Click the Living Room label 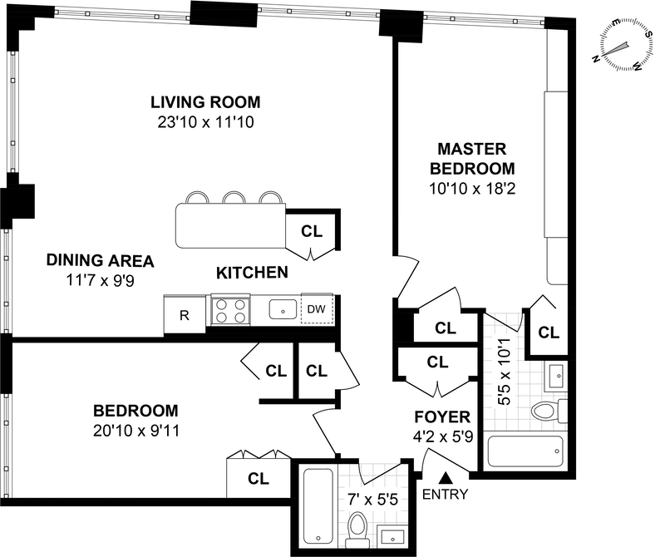pyautogui.click(x=205, y=102)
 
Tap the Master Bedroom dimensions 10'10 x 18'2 pyautogui.click(x=472, y=189)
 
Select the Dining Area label pyautogui.click(x=100, y=260)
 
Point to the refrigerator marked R pyautogui.click(x=185, y=314)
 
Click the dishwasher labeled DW pyautogui.click(x=317, y=308)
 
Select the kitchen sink pyautogui.click(x=283, y=308)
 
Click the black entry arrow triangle pyautogui.click(x=446, y=478)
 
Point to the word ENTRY pyautogui.click(x=446, y=494)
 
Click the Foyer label pyautogui.click(x=442, y=417)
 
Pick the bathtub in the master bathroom pyautogui.click(x=526, y=451)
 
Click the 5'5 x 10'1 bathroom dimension pyautogui.click(x=505, y=369)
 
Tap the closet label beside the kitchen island pyautogui.click(x=312, y=231)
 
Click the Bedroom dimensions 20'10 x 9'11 pyautogui.click(x=136, y=431)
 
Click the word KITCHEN pyautogui.click(x=253, y=273)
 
